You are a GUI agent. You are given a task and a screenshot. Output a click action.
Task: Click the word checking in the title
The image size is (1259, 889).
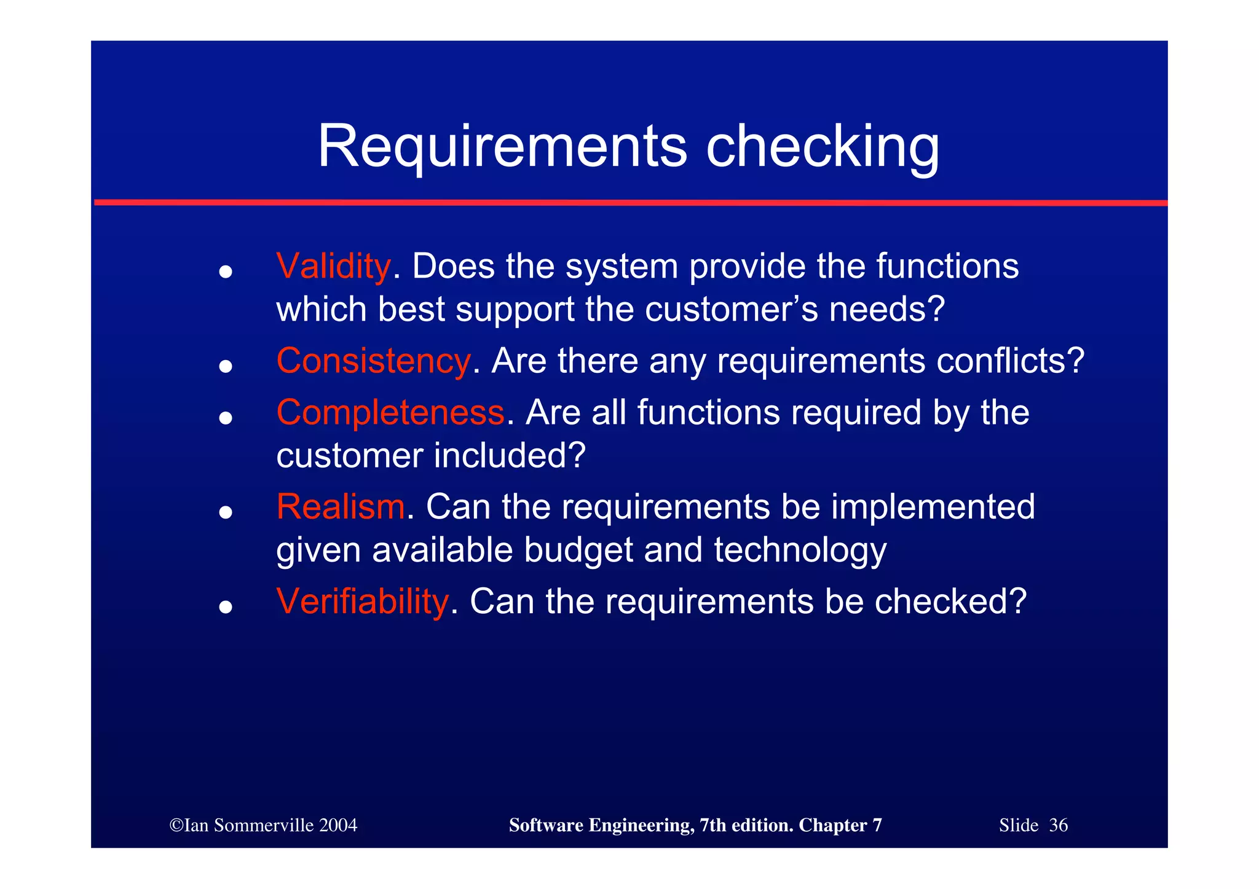[x=823, y=147]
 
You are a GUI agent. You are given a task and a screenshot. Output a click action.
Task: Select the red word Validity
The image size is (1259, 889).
[x=333, y=267]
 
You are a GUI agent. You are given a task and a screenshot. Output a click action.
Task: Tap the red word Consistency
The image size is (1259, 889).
[x=373, y=361]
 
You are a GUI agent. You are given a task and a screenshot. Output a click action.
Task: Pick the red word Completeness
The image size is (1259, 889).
[x=390, y=412]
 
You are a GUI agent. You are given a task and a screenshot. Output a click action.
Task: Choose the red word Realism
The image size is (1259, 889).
[x=340, y=507]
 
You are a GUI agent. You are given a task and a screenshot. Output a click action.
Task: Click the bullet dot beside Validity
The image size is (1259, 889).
[x=226, y=272]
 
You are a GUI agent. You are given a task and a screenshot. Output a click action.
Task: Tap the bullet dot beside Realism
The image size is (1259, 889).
[x=226, y=512]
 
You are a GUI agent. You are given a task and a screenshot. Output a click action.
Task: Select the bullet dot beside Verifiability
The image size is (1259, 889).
[x=226, y=606]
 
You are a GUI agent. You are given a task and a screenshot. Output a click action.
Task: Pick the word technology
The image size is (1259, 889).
[x=800, y=550]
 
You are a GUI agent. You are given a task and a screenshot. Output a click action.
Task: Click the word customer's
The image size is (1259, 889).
[x=732, y=309]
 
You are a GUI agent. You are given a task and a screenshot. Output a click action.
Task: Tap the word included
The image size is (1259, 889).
[x=509, y=455]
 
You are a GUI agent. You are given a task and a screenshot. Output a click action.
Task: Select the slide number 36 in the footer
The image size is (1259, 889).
[x=1058, y=825]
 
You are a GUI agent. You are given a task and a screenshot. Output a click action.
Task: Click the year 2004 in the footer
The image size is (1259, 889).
[x=338, y=825]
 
